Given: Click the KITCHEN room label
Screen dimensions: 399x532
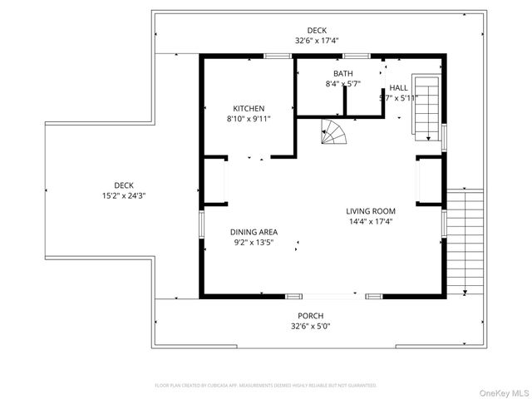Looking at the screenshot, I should tap(249, 109).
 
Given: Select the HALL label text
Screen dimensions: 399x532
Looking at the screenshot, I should tap(399, 87).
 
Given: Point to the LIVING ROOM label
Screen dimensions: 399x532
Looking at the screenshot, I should tap(371, 211).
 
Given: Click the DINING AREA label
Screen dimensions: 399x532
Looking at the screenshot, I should tap(254, 232).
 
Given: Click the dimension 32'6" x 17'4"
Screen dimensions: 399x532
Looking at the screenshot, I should tap(317, 40).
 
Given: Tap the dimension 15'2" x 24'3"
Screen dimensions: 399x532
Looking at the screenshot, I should tap(124, 196).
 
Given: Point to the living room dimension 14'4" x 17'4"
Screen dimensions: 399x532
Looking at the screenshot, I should tap(371, 222).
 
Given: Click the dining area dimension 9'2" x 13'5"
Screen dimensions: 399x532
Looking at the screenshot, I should tap(253, 243).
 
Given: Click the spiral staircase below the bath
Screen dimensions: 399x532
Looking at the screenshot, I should tap(335, 131).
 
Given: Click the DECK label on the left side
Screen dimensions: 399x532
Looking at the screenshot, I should tap(124, 185).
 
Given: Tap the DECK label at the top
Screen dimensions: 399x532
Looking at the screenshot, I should tap(317, 29).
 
